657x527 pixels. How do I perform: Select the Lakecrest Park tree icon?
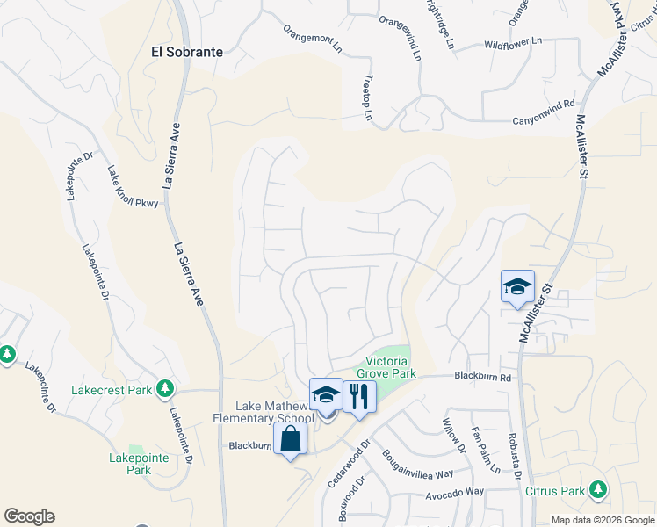(164, 388)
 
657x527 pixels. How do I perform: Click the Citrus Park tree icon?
(598, 488)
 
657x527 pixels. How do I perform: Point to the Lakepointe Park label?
(130, 464)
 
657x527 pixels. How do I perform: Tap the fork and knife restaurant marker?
(359, 396)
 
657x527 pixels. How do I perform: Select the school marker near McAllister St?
(517, 286)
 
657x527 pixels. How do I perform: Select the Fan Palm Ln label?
(485, 450)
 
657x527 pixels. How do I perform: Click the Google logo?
(29, 516)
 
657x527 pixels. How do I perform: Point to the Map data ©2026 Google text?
(602, 520)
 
